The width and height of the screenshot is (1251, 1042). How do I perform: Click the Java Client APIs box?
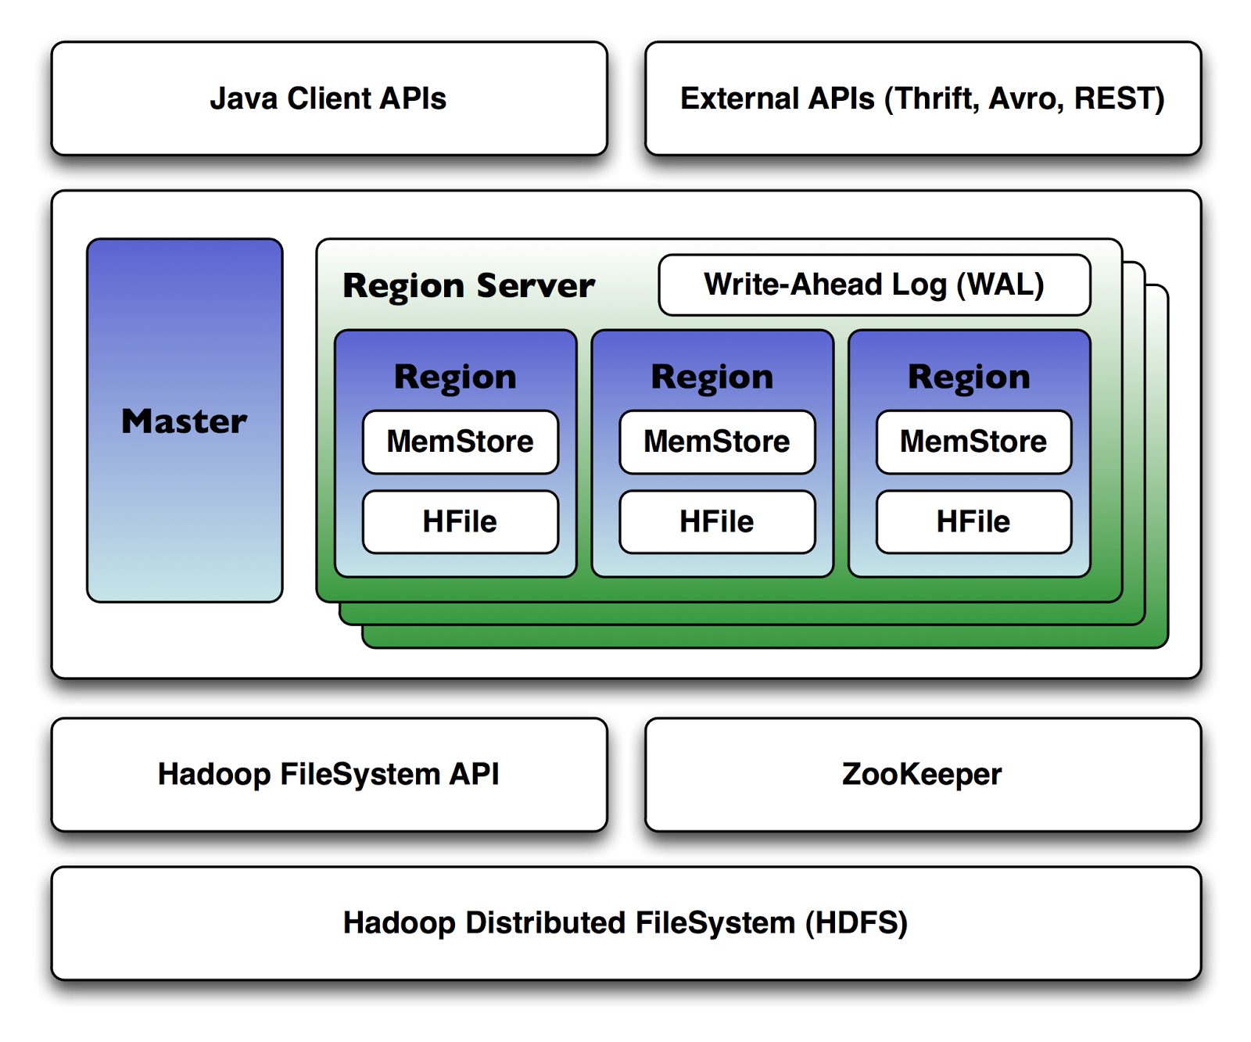click(328, 98)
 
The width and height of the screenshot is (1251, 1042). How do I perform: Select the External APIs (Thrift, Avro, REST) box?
click(923, 98)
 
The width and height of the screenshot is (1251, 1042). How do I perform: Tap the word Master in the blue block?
click(185, 421)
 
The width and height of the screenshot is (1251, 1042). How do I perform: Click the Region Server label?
click(469, 285)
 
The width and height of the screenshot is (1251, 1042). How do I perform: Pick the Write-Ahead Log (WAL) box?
click(874, 285)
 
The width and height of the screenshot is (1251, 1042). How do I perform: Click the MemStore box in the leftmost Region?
click(460, 442)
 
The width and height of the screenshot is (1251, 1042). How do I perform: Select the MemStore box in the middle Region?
click(717, 442)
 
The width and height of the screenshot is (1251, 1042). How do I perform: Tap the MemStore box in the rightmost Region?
click(973, 442)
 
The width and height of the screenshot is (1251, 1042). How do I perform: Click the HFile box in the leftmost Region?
click(460, 521)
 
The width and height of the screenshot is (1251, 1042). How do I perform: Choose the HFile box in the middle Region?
click(717, 521)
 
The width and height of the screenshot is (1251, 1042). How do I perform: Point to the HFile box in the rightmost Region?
click(973, 521)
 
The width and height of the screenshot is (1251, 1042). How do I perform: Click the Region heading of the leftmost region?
click(455, 377)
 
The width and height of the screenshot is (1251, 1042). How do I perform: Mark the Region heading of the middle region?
click(712, 377)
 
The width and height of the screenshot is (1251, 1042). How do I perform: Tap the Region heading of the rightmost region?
click(969, 377)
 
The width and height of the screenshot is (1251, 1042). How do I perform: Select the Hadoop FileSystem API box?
click(328, 774)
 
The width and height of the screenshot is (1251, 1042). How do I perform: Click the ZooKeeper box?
click(923, 774)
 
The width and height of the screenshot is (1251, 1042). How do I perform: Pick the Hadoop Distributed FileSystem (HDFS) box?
click(625, 922)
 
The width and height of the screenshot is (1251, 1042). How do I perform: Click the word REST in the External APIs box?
click(1118, 98)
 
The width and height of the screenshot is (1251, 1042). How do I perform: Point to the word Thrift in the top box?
click(934, 98)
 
